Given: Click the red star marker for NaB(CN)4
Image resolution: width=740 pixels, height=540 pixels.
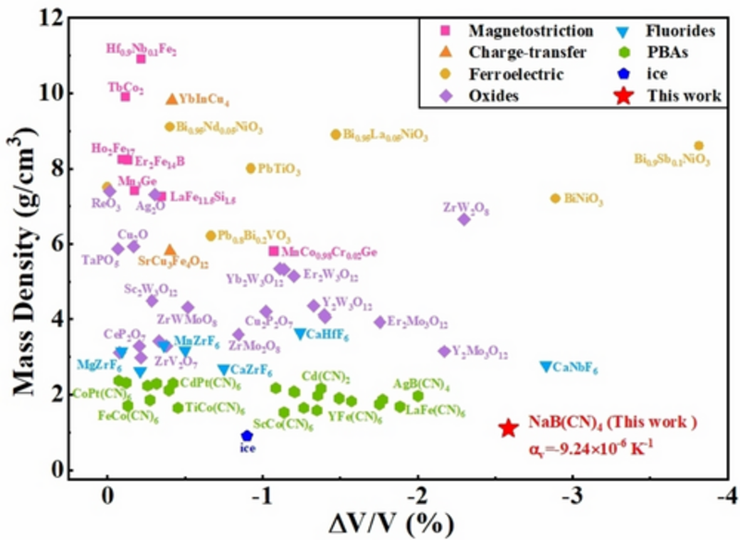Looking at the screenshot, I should coord(508,428).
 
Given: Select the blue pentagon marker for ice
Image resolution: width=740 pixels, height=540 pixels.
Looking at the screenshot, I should coord(247,436).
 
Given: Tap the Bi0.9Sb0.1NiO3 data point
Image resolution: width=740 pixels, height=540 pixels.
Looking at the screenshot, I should coord(698,145).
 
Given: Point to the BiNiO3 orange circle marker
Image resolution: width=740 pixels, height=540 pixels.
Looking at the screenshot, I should coord(555,198).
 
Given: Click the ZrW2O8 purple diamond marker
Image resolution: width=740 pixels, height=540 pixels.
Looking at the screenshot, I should coord(464,218).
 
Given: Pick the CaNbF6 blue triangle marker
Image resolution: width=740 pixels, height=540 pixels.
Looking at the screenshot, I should coord(546,367).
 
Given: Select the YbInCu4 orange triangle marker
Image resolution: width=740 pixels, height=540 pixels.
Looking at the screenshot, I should coord(171,99).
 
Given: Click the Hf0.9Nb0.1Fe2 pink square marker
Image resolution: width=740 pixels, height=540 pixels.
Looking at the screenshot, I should coord(142,58).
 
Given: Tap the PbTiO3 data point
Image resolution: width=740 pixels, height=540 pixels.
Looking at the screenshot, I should coord(250,168).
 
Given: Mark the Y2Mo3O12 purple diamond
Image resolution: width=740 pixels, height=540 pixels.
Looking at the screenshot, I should coord(444,351).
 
